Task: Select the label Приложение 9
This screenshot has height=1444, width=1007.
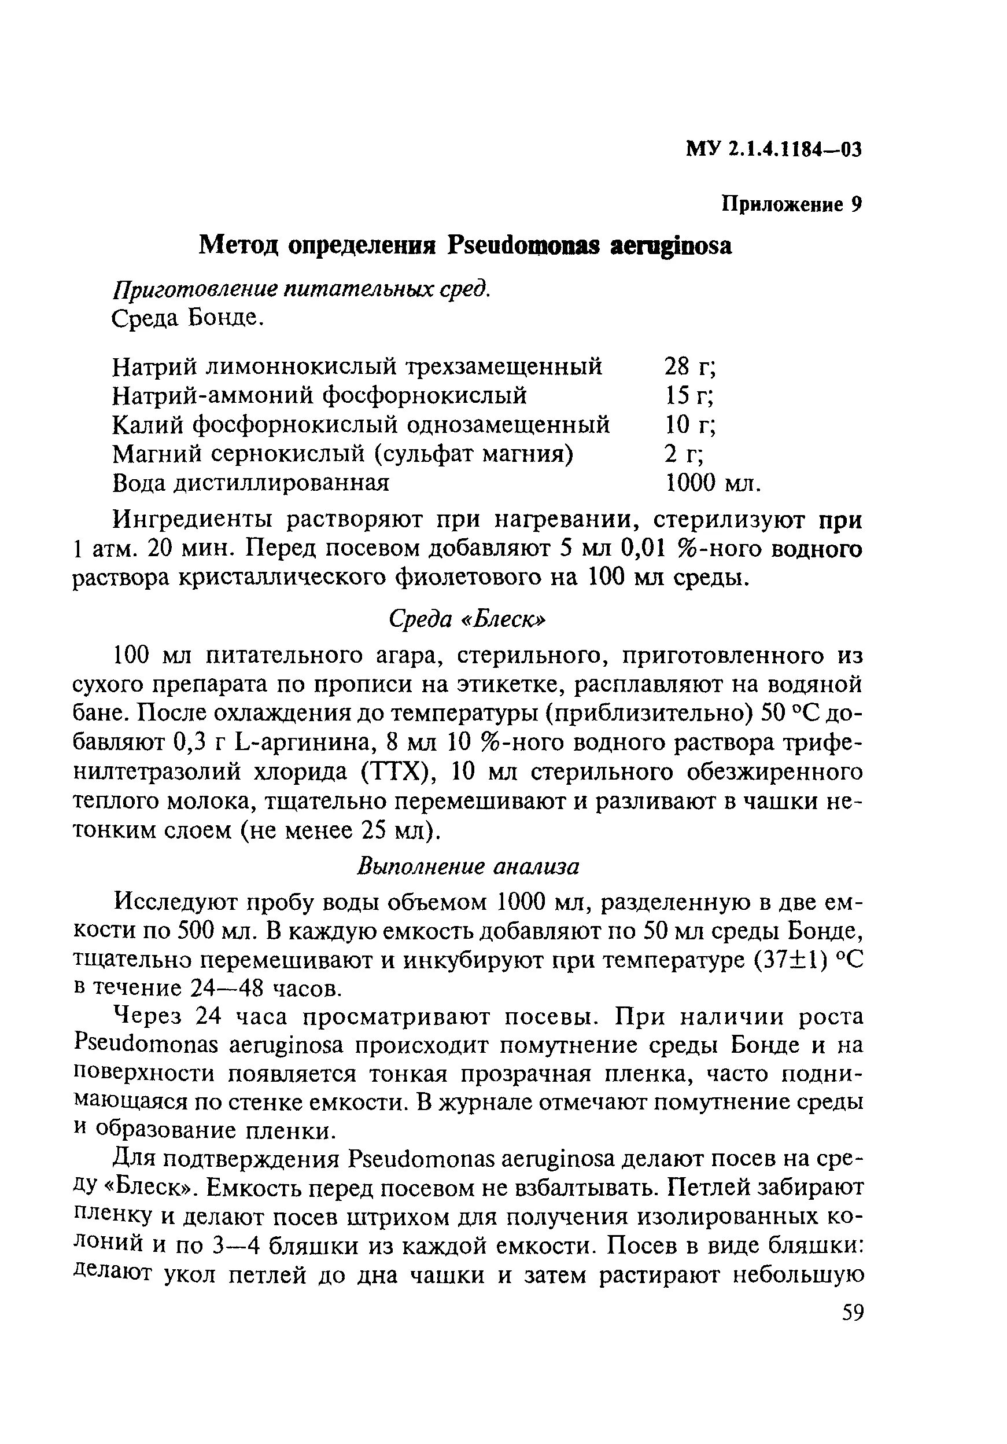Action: point(791,204)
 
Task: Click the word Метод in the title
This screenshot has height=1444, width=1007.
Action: point(239,246)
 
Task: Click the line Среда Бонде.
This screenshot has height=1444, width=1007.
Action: point(187,319)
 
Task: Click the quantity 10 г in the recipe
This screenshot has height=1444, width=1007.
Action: point(689,425)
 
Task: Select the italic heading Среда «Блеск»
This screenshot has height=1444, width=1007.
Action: point(467,619)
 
